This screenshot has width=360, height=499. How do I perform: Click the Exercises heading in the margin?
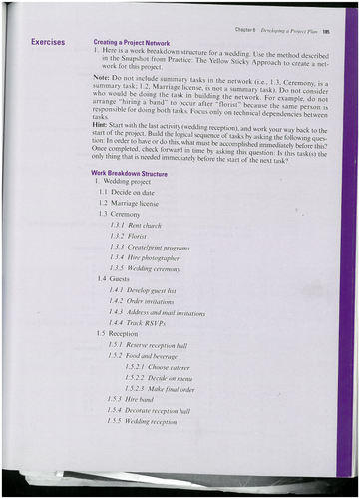pyautogui.click(x=49, y=42)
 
